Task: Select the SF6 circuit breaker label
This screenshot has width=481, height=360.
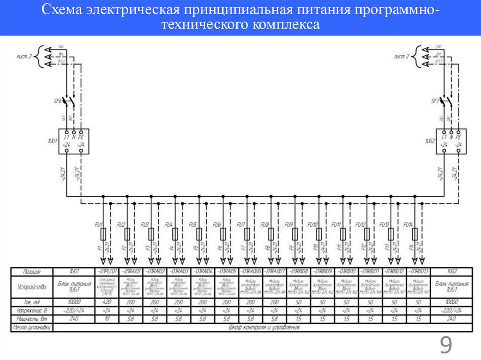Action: click(58, 101)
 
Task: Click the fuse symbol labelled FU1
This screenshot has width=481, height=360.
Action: click(103, 233)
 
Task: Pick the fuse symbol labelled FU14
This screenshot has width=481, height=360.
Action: click(414, 233)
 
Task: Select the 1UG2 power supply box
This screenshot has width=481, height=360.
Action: click(450, 141)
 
